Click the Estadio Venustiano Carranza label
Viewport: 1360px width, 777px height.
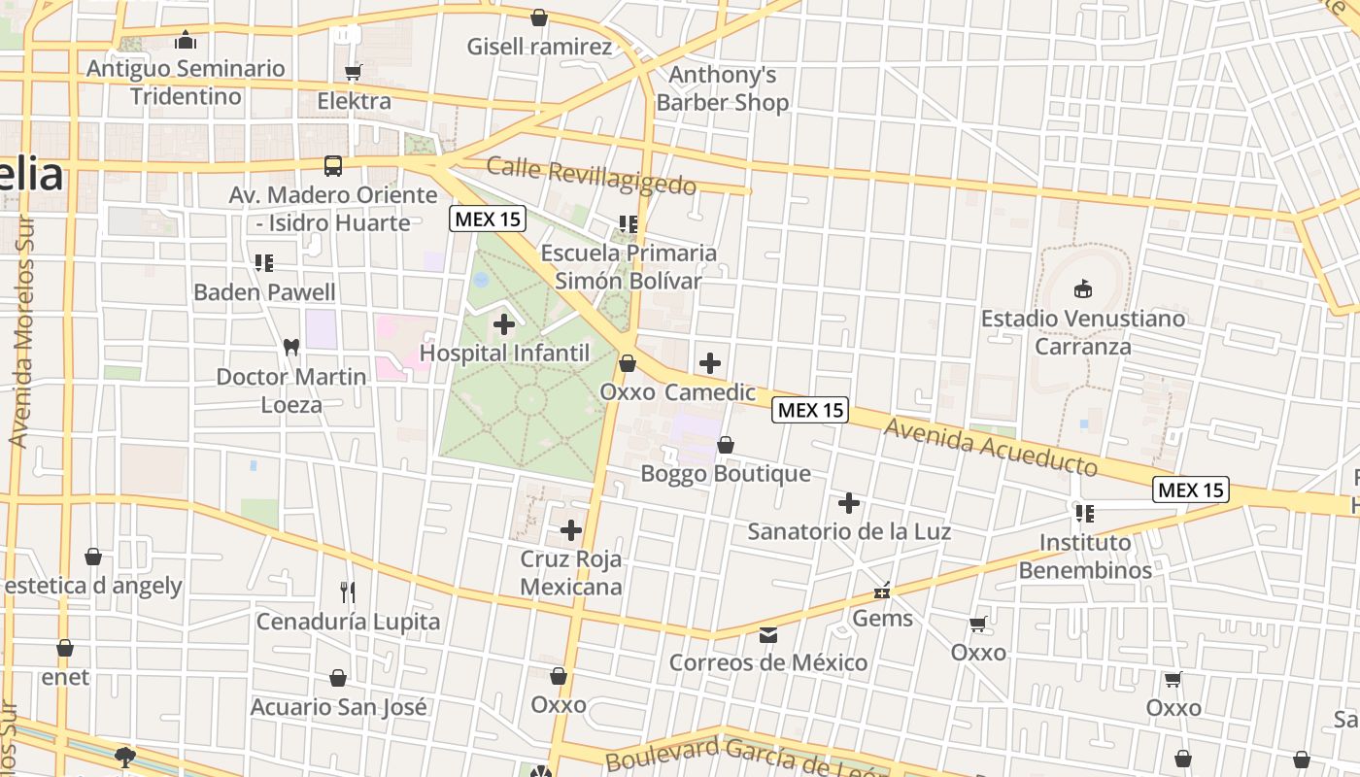(x=1082, y=332)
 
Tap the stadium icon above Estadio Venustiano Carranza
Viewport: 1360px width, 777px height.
(x=1082, y=288)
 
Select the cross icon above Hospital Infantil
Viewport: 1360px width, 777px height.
(x=504, y=323)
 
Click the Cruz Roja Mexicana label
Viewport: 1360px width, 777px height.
(x=570, y=573)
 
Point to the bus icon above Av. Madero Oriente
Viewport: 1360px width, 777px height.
(x=333, y=166)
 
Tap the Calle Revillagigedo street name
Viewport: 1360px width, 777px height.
(x=591, y=176)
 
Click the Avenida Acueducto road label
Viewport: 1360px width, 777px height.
(x=991, y=448)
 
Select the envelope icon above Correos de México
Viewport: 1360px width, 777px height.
(x=768, y=635)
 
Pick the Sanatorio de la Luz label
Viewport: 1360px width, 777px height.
(x=848, y=531)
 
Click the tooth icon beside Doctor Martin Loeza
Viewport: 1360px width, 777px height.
(x=289, y=347)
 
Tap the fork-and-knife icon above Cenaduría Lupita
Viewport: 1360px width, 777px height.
(x=348, y=591)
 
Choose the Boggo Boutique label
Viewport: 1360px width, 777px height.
(x=725, y=473)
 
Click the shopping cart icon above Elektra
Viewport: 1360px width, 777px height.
(x=354, y=72)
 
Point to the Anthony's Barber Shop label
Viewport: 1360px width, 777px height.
(x=722, y=88)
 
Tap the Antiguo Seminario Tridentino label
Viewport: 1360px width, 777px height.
(x=186, y=83)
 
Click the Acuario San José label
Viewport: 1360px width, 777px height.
(x=338, y=706)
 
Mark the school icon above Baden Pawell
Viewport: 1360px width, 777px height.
(x=264, y=263)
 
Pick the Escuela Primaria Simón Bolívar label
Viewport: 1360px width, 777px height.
(x=629, y=267)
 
